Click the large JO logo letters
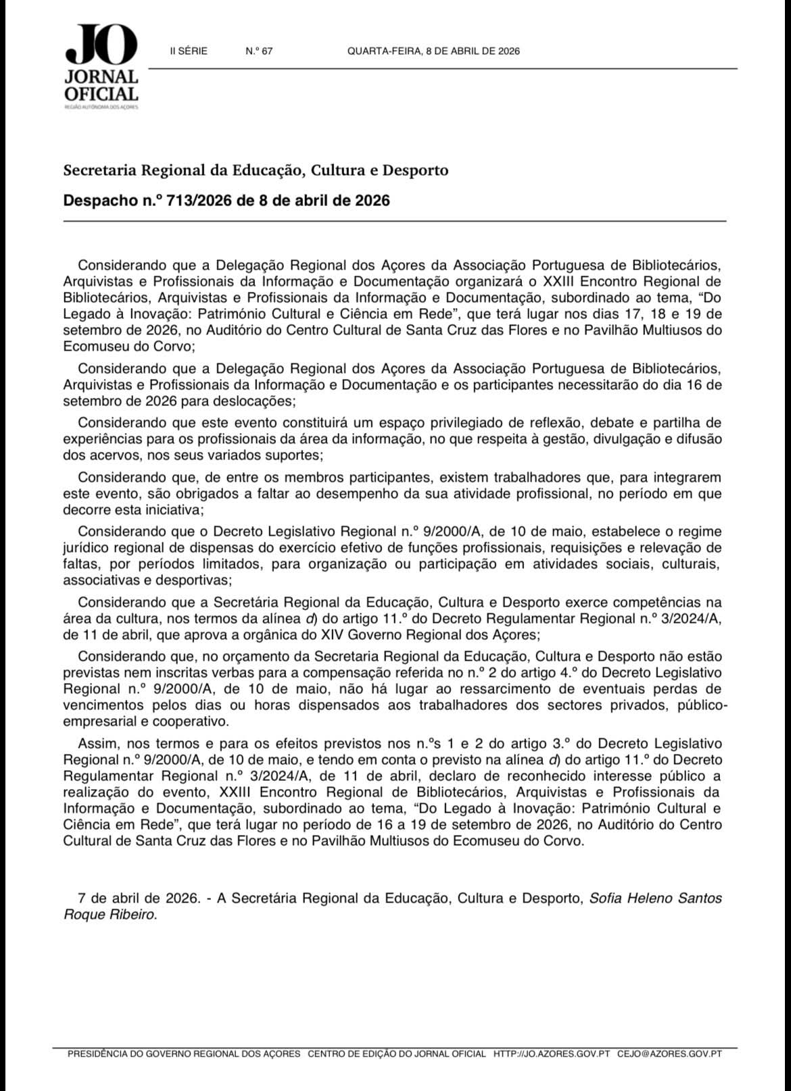101,45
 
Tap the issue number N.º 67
260,51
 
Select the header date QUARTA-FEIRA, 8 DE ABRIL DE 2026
433,51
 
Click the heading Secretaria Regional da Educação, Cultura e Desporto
256,170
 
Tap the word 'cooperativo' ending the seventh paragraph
193,721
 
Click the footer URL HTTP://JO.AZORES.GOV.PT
552,1054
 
